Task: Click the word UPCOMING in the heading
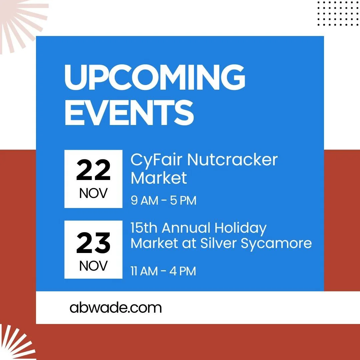[x=155, y=77]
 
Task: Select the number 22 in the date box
[x=93, y=170]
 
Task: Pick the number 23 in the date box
[x=93, y=243]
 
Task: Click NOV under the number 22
[x=93, y=193]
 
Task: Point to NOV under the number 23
[x=93, y=266]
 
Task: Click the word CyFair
[x=156, y=160]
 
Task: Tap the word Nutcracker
[x=232, y=160]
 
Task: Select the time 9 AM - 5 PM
[x=163, y=201]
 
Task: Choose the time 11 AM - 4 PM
[x=163, y=271]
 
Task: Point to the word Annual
[x=186, y=228]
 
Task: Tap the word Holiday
[x=240, y=229]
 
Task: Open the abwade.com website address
[x=116, y=308]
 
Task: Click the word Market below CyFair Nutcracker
[x=159, y=178]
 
